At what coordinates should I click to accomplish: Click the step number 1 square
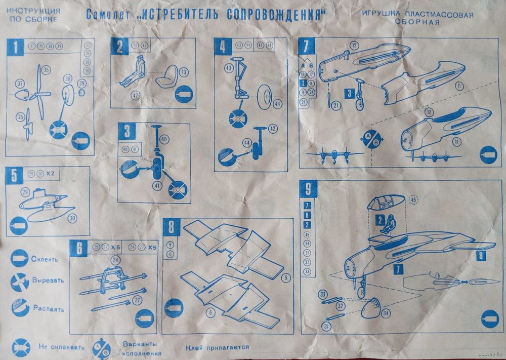pyautogui.click(x=16, y=48)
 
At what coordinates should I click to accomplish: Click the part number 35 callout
pyautogui.click(x=46, y=69)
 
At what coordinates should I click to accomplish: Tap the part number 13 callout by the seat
pyautogui.click(x=184, y=72)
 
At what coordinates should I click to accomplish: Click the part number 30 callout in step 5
pyautogui.click(x=73, y=218)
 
